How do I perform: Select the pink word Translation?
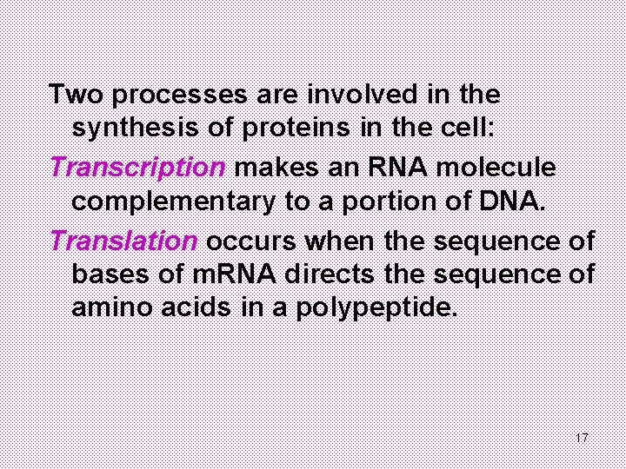point(125,240)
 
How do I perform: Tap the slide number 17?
point(582,437)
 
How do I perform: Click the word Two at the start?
point(77,92)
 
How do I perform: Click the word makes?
point(274,166)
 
